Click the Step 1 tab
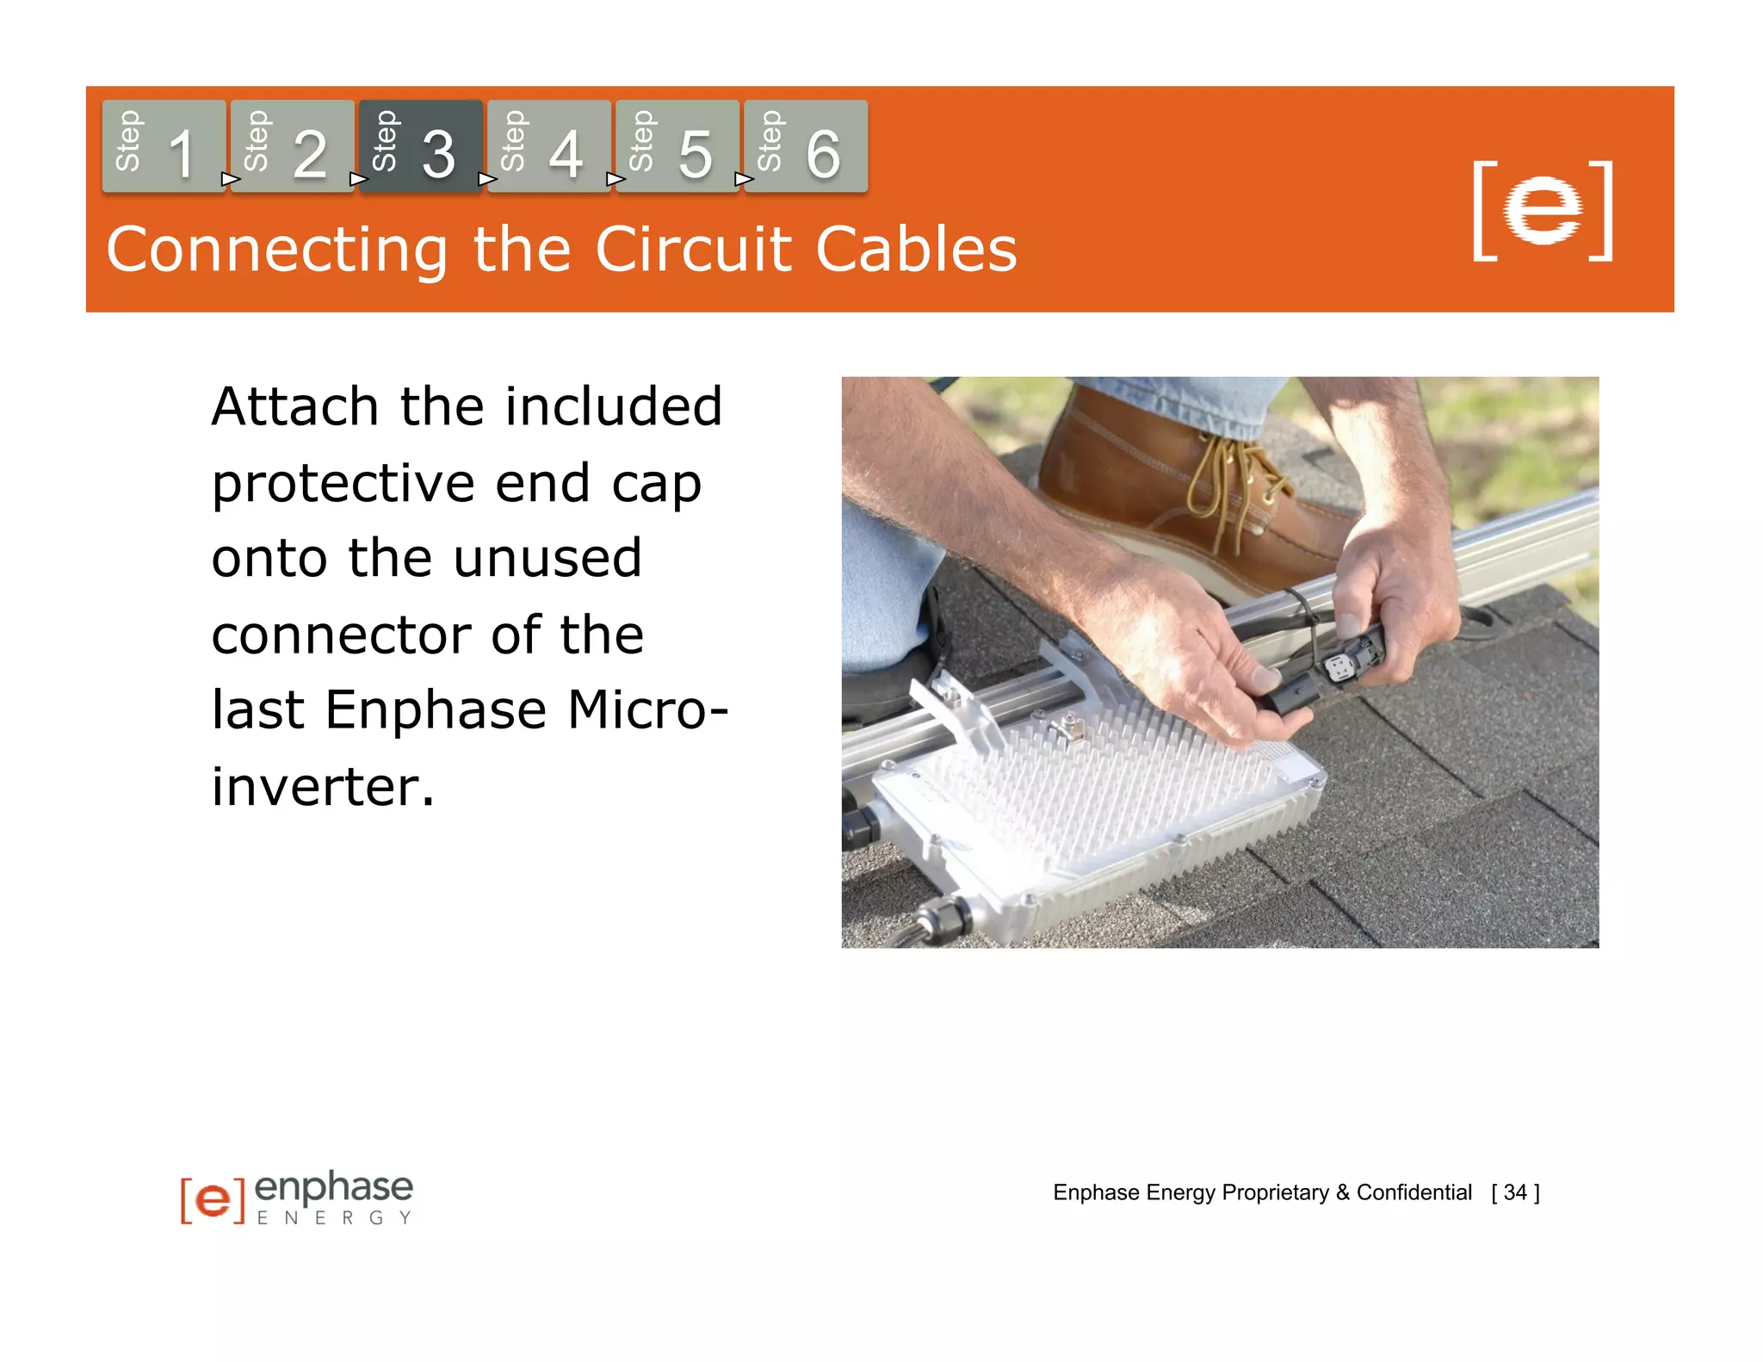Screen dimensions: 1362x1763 [164, 146]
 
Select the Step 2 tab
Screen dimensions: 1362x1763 [292, 146]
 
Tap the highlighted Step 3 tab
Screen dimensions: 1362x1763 [420, 146]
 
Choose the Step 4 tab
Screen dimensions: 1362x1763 [548, 146]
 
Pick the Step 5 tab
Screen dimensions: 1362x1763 [677, 146]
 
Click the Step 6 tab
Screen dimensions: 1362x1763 [805, 146]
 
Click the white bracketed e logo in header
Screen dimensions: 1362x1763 [1543, 210]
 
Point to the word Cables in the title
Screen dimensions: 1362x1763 [916, 250]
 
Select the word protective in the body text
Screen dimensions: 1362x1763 [343, 484]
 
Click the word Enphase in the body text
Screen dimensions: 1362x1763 [436, 710]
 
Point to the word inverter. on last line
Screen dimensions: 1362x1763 [323, 787]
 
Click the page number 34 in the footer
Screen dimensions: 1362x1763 [1515, 1192]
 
